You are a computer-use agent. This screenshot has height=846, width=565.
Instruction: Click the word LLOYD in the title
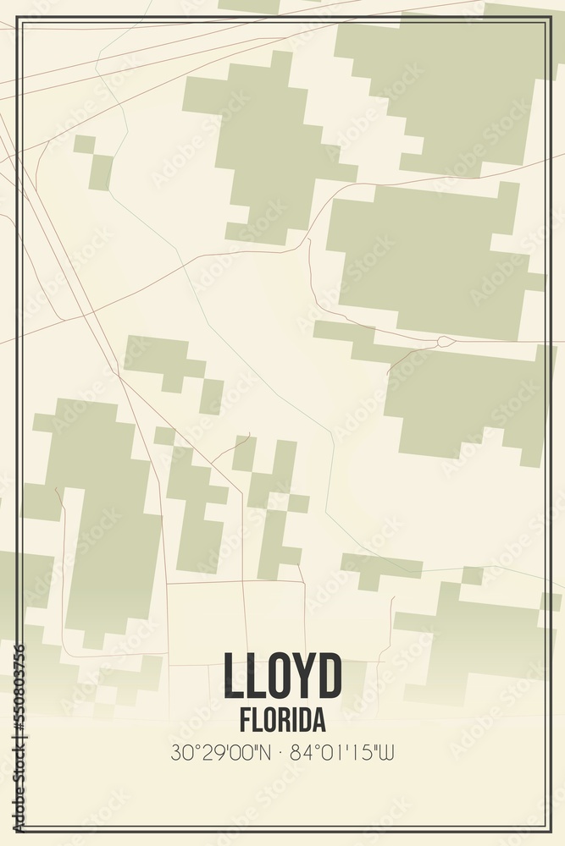283,676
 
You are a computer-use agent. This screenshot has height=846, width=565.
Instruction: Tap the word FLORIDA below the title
282,721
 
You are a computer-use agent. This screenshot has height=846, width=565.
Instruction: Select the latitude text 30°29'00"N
221,752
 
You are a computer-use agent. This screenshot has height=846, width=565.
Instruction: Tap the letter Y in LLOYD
298,676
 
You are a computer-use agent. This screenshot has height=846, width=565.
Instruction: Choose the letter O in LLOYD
269,676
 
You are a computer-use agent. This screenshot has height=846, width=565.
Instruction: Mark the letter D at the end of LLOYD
329,676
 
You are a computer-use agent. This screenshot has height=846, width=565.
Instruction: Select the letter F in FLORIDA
245,721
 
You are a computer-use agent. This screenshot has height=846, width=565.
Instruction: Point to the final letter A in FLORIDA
319,721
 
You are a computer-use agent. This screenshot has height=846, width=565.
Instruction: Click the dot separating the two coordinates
280,752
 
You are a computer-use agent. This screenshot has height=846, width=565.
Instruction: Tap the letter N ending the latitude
265,752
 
